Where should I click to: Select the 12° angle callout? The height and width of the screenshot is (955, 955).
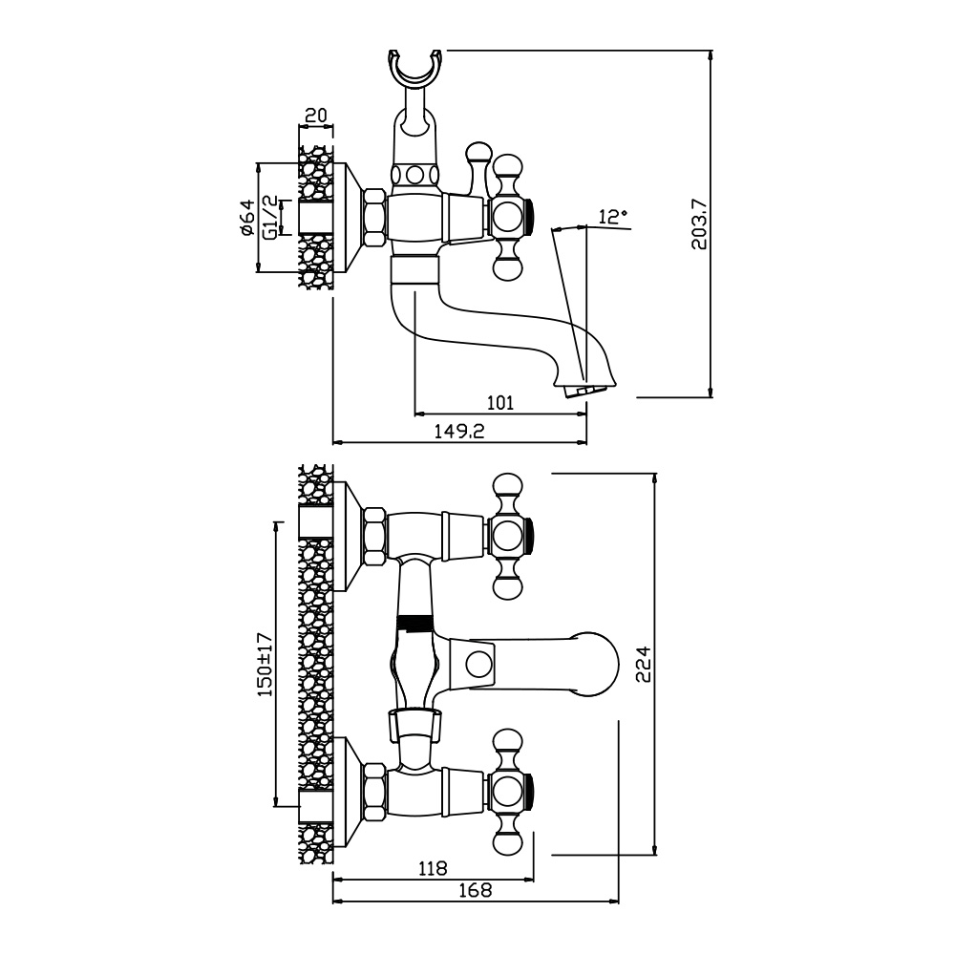point(612,217)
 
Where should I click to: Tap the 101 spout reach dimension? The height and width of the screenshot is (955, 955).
point(499,402)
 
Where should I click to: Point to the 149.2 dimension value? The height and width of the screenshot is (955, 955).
point(460,432)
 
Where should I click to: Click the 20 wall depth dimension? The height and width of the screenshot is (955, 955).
point(315,116)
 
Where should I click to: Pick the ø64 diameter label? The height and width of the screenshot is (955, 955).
point(245,219)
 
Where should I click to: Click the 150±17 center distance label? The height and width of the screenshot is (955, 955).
point(265,664)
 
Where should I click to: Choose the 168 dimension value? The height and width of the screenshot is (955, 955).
point(474,891)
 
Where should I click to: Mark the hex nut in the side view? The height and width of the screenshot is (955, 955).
point(374,220)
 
